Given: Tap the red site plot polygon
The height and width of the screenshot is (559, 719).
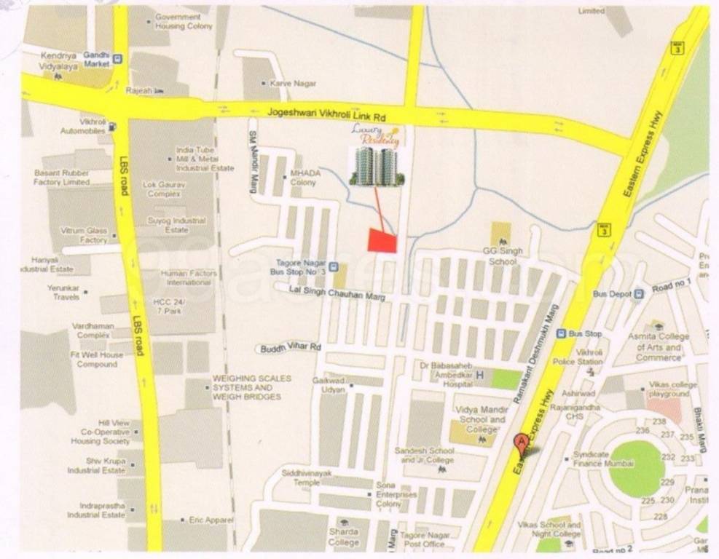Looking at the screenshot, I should coord(382,240).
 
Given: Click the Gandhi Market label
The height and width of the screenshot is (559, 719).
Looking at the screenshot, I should coord(95,60).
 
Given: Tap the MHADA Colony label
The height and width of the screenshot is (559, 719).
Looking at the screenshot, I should coord(303,178).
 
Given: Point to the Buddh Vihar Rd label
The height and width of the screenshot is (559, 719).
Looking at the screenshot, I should coord(291,348).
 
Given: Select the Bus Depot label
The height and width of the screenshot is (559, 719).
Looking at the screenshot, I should coord(610,293).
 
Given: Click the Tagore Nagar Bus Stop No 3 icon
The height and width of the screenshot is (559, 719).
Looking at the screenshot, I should coord(333,267).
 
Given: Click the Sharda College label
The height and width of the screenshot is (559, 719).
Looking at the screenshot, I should coord(344,537).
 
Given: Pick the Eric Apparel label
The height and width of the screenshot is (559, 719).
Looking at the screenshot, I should coord(211,520).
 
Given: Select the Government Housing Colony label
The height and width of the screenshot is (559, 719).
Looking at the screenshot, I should coord(183,21).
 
